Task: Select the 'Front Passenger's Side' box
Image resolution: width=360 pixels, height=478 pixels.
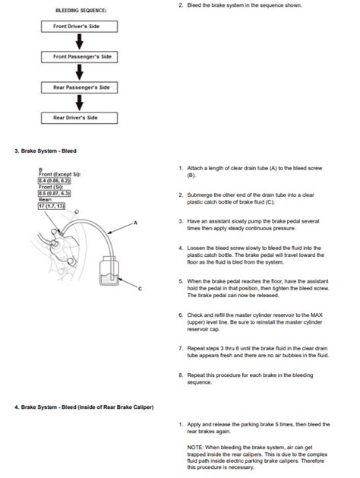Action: pyautogui.click(x=81, y=56)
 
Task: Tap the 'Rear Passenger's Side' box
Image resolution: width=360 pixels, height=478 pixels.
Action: pyautogui.click(x=81, y=87)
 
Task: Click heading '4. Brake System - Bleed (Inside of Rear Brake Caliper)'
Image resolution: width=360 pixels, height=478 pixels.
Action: pyautogui.click(x=84, y=407)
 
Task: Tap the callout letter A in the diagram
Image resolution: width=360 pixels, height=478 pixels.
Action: pyautogui.click(x=135, y=222)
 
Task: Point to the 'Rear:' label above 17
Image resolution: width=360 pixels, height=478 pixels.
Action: pyautogui.click(x=45, y=200)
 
